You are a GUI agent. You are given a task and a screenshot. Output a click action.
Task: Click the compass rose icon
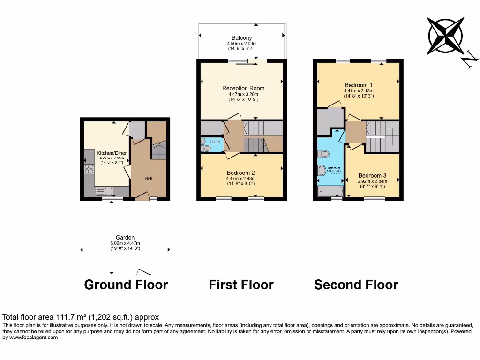[x=445, y=35]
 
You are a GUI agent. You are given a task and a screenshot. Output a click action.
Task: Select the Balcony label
[x=241, y=38]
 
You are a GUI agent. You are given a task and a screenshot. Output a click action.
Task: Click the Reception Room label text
[x=243, y=88]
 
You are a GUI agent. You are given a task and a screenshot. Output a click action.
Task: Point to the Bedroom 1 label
[x=358, y=85]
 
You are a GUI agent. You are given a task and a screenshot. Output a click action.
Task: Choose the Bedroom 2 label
[x=241, y=172]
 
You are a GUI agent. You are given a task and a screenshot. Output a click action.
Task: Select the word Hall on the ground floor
[x=148, y=178]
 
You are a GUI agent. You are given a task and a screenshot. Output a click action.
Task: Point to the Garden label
[x=125, y=238]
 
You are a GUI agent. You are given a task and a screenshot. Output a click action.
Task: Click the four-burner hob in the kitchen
[x=89, y=169]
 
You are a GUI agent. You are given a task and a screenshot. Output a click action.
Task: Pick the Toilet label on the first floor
[x=215, y=141]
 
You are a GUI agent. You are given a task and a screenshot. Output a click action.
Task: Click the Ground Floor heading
[x=126, y=285]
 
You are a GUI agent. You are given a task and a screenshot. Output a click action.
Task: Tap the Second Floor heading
[x=356, y=285]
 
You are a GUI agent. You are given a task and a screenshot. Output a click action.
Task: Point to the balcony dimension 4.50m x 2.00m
[x=241, y=44]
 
